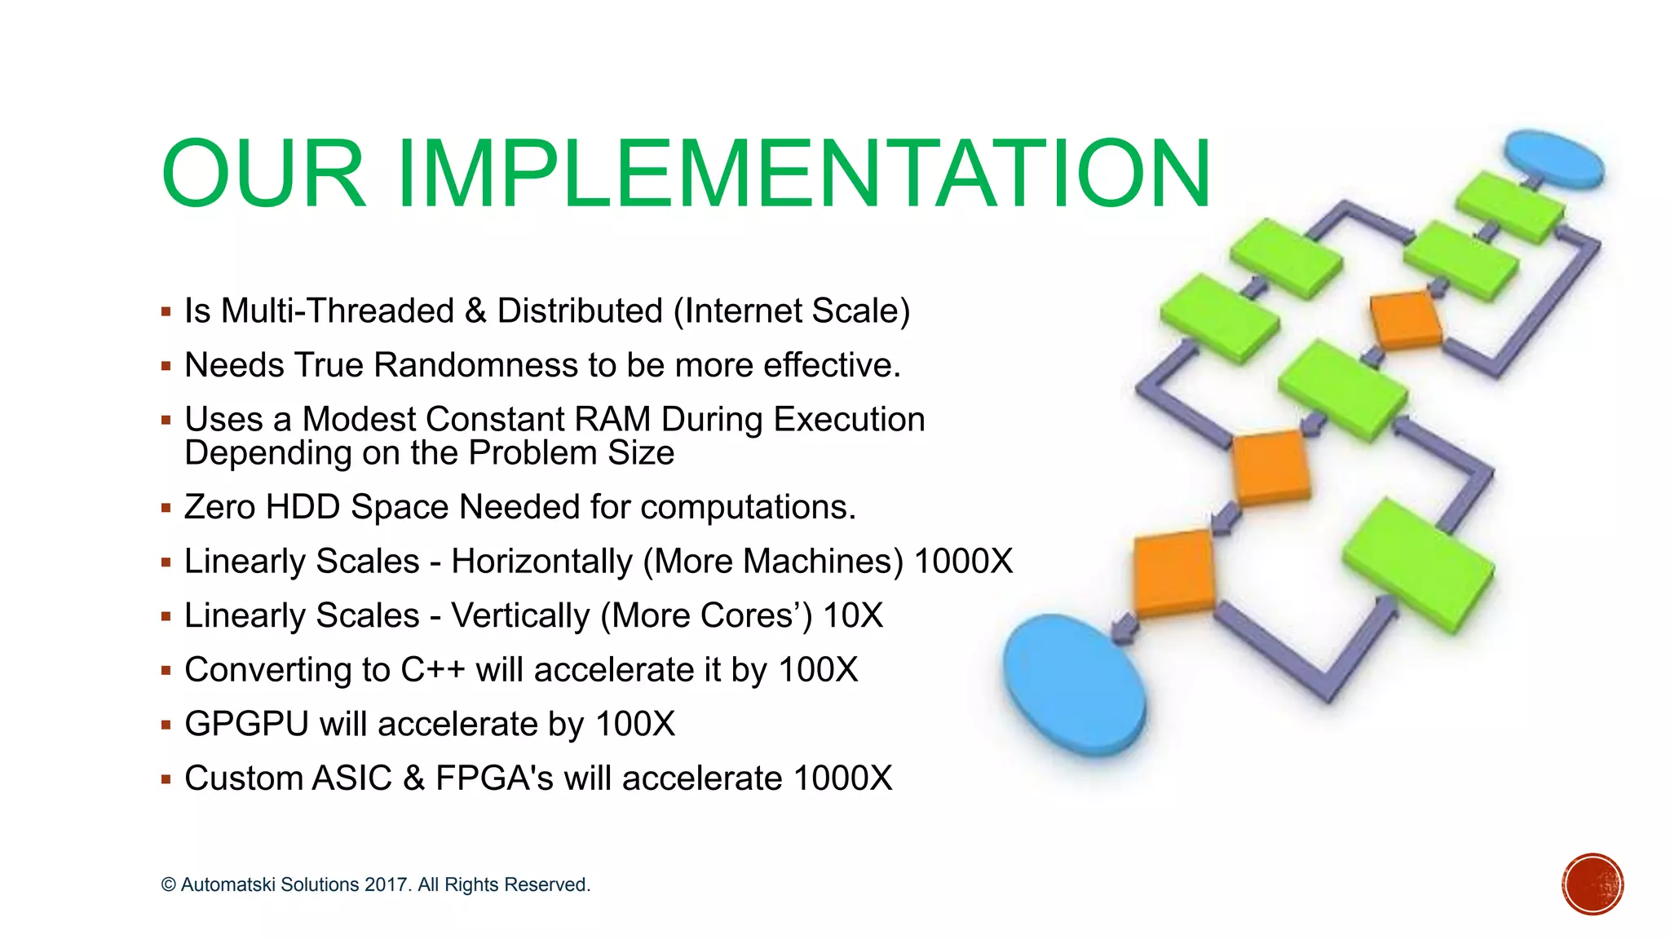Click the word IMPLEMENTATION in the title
coord(803,174)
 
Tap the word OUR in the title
coord(263,174)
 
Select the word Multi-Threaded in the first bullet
coord(338,311)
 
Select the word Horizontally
coord(541,562)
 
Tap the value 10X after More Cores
coord(853,615)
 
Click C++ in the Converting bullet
coord(432,670)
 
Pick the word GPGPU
coord(246,724)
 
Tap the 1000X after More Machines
coord(963,562)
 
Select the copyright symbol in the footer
coord(168,885)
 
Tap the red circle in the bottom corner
coord(1593,884)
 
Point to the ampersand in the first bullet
coord(475,311)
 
